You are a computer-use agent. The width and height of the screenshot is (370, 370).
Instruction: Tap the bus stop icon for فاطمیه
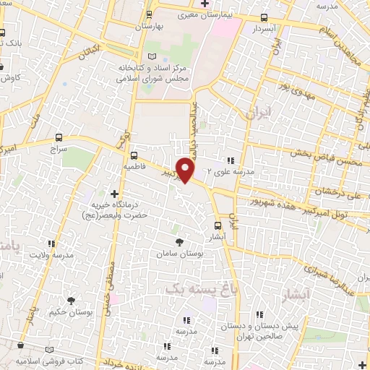pos(134,155)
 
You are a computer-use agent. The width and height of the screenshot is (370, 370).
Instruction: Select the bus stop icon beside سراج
pos(59,137)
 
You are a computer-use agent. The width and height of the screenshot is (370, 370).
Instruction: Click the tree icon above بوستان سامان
pos(179,242)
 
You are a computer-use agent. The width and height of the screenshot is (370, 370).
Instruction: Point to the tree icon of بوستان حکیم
pos(71,300)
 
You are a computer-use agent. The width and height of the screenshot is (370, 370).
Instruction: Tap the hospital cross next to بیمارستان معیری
pos(205,4)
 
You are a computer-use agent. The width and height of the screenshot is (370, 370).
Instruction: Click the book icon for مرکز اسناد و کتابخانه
pos(151,56)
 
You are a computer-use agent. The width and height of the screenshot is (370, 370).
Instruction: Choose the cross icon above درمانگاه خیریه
pos(114,194)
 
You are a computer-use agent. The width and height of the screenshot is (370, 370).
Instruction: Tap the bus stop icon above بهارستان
pos(149,14)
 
